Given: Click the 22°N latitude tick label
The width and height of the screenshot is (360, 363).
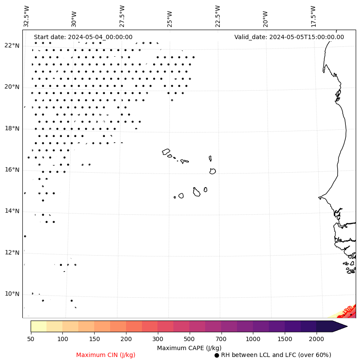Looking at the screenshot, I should coord(12,46).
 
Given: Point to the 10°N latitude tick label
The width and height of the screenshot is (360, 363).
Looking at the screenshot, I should coord(12,294).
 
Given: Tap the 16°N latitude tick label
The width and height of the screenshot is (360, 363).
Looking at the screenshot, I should coord(12,170).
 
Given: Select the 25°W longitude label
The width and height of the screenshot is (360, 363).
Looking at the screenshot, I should coord(170,16).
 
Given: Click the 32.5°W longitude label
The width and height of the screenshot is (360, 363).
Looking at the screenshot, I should coord(27,16).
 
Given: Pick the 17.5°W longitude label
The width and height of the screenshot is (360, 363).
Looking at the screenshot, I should coord(313,16).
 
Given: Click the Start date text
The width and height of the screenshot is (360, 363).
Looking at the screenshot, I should coord(83,37).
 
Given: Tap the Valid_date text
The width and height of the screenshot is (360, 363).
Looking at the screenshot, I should coord(289,37).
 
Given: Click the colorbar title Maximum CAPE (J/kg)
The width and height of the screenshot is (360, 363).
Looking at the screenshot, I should coord(189,348).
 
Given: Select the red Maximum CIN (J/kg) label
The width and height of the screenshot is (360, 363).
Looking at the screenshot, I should coord(106,355).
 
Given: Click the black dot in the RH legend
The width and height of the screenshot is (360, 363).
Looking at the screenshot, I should coord(217,355).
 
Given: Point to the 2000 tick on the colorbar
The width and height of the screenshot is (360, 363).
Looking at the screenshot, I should coord(317,339).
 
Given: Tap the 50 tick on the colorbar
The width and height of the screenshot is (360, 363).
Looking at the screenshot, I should coord(31,339).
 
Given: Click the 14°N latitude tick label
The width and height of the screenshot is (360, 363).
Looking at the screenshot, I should coord(12,211).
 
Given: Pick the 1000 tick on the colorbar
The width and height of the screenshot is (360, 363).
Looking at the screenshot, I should coord(253,339).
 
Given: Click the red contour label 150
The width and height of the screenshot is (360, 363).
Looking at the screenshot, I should coord(348,310).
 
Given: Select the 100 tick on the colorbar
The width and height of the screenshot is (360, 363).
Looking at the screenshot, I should coord(62,339).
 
